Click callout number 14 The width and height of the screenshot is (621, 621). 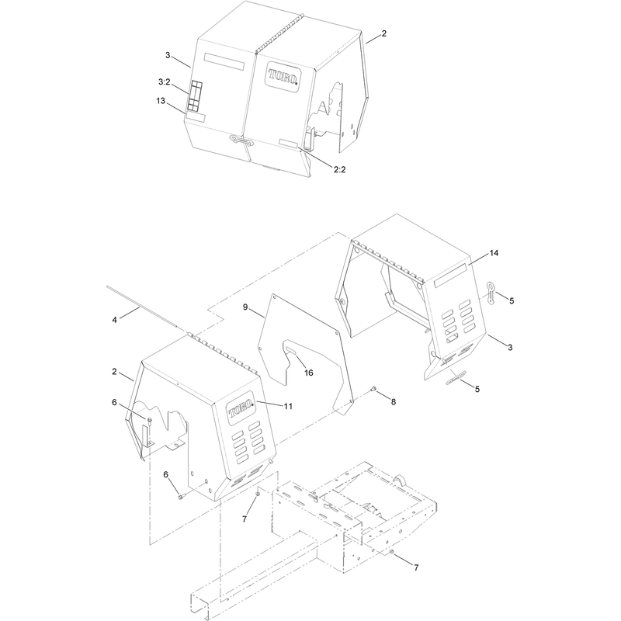click(x=494, y=253)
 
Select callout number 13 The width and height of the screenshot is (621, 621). click(x=161, y=101)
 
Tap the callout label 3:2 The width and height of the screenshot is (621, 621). click(x=164, y=82)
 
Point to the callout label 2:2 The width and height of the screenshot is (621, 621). click(x=339, y=169)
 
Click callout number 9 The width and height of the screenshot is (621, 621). click(x=245, y=307)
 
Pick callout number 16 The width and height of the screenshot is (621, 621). click(x=308, y=373)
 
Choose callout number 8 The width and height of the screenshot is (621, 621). click(x=394, y=402)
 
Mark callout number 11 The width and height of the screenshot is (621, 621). click(x=288, y=406)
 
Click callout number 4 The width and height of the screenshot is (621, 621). click(x=114, y=320)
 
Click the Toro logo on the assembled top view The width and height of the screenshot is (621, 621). click(x=283, y=77)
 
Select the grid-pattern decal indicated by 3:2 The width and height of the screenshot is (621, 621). click(x=195, y=95)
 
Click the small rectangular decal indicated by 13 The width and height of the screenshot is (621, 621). click(x=196, y=117)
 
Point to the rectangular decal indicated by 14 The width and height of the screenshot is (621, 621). click(x=450, y=276)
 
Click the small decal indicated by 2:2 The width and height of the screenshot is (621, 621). click(x=289, y=144)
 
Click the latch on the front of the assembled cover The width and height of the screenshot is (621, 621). click(x=241, y=140)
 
